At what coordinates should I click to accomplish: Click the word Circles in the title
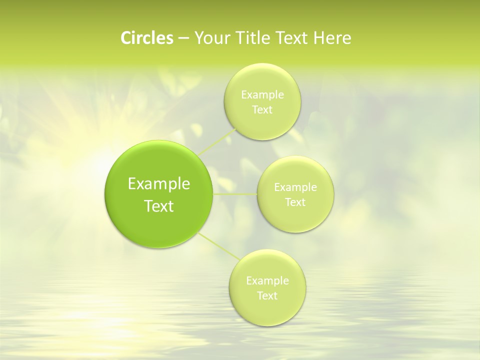[146, 38]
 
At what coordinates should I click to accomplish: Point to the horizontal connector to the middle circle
[235, 194]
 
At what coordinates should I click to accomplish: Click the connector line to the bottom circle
[219, 246]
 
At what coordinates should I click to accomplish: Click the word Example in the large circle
[158, 184]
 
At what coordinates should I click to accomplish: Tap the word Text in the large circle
[158, 206]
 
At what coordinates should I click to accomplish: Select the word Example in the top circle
[262, 95]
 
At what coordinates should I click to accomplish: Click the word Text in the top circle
[262, 109]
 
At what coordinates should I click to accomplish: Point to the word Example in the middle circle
[295, 187]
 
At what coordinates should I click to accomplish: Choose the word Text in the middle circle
[295, 202]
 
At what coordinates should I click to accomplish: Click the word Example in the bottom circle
[267, 281]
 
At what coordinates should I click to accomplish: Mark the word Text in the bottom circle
[267, 295]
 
